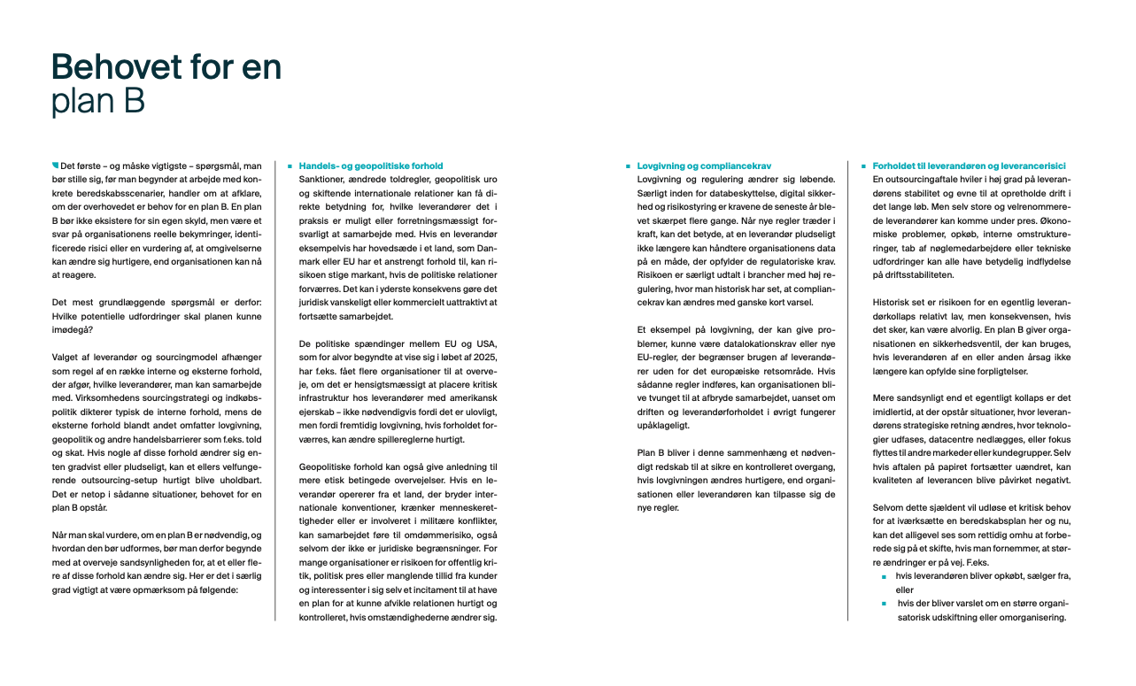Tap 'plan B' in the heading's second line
point(97,102)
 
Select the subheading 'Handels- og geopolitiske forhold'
point(370,166)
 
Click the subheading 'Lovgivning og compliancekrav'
point(705,166)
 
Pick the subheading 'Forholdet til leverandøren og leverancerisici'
point(969,166)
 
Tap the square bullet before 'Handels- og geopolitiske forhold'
point(290,166)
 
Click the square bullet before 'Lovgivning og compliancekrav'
point(628,166)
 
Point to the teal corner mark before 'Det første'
point(55,165)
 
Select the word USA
point(489,343)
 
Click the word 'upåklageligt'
point(664,426)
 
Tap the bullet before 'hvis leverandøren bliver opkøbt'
point(884,576)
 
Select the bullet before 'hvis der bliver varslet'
point(884,604)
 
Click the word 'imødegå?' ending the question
point(73,330)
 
